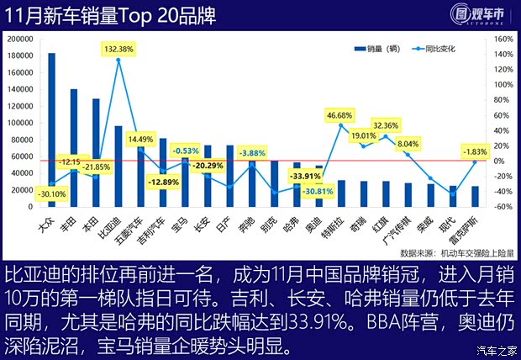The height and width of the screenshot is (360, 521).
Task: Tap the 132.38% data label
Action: [118, 50]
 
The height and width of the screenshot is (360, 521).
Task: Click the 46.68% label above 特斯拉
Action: [339, 115]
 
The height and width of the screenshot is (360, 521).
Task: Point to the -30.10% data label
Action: [53, 194]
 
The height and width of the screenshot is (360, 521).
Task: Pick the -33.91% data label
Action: [303, 177]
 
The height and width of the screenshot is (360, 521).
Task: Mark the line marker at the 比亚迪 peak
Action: [118, 61]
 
